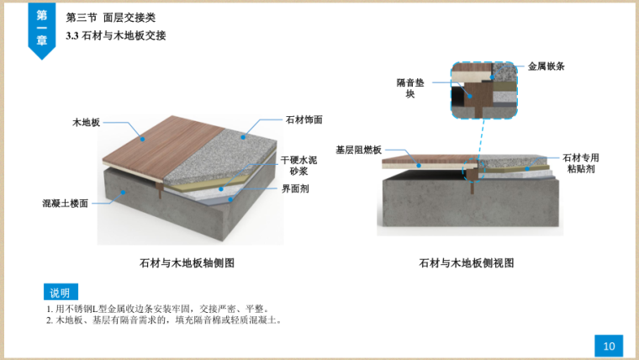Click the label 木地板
tap(86, 123)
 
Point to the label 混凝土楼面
tap(66, 203)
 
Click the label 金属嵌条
tap(546, 66)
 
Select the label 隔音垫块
tap(412, 88)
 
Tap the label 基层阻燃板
tap(358, 150)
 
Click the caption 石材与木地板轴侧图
tap(187, 263)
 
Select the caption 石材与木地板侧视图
tap(467, 263)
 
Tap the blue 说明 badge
tap(60, 293)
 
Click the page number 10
tap(608, 345)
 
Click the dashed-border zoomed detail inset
tap(483, 89)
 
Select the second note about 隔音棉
tap(164, 320)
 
